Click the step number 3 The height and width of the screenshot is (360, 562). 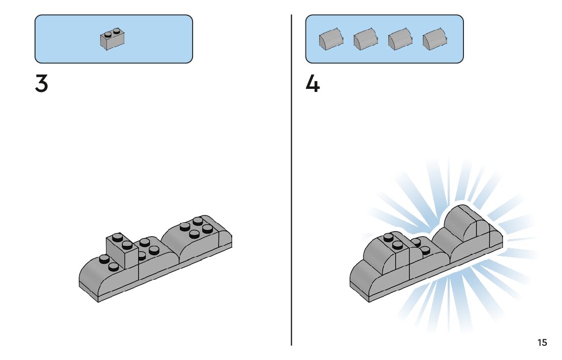click(x=41, y=84)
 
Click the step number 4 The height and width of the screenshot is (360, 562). click(x=312, y=84)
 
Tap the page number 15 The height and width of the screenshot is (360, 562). click(x=542, y=342)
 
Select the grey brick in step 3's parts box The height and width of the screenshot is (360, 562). click(x=112, y=40)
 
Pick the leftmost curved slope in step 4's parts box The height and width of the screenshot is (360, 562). click(x=331, y=39)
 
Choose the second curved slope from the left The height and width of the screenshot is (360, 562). click(x=365, y=39)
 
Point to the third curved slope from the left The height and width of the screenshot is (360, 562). click(x=400, y=39)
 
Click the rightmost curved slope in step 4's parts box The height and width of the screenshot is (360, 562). click(x=434, y=39)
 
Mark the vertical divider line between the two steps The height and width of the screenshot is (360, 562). click(x=291, y=180)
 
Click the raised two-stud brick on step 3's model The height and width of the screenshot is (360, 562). click(x=122, y=251)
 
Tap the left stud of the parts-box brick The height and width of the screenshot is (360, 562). click(x=108, y=35)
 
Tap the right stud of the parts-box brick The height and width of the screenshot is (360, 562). click(x=116, y=31)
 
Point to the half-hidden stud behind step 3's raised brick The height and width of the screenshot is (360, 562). click(x=142, y=256)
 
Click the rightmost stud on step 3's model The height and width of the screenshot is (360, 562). click(x=207, y=228)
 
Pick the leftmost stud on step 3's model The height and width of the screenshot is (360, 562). click(x=104, y=258)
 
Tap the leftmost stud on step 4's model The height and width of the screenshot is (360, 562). click(x=389, y=237)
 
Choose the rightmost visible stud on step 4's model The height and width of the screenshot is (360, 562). click(x=425, y=250)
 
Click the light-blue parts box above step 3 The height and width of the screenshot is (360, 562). click(x=114, y=39)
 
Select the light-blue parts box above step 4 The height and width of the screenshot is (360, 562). click(x=384, y=39)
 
